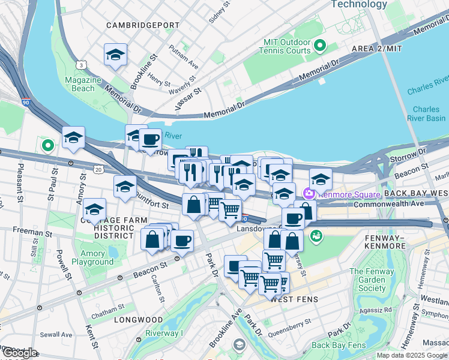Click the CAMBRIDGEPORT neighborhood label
tap(143, 25)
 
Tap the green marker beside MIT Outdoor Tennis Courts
tap(319, 46)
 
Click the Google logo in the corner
tap(19, 353)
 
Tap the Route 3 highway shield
tap(80, 64)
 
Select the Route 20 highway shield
tap(98, 170)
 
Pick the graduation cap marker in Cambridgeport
tap(115, 55)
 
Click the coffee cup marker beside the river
tap(150, 140)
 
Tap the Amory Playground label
tap(92, 258)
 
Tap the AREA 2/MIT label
tap(377, 48)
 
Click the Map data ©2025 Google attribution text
tap(411, 355)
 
